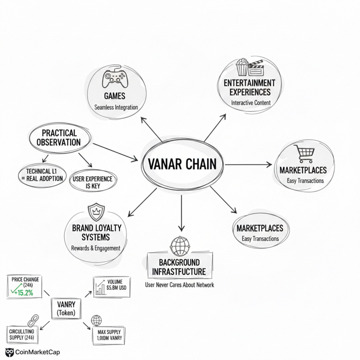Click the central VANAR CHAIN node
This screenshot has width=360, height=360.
181,165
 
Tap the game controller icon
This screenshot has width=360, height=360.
114,78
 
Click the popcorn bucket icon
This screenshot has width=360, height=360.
242,67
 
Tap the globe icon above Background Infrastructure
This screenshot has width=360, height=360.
180,246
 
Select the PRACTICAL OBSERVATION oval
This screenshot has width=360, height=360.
60,137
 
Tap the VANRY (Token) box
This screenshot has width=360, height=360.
67,308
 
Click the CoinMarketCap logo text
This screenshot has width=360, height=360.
37,352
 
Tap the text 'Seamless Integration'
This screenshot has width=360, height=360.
115,107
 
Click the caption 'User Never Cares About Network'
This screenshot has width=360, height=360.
179,285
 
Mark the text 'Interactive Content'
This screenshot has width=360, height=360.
250,103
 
